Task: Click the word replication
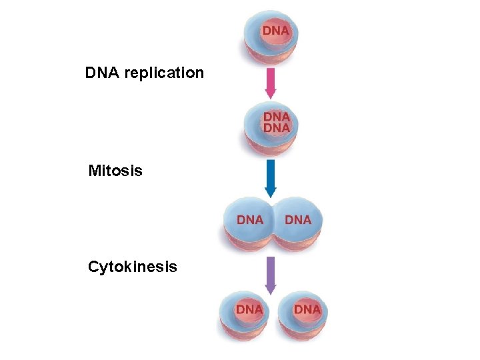pyautogui.click(x=164, y=73)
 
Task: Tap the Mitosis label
pyautogui.click(x=115, y=171)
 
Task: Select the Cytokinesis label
pyautogui.click(x=133, y=267)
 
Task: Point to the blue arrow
pyautogui.click(x=270, y=177)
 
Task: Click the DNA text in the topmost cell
pyautogui.click(x=275, y=31)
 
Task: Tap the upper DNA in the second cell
pyautogui.click(x=276, y=117)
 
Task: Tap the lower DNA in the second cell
pyautogui.click(x=276, y=127)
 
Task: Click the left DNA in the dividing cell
pyautogui.click(x=250, y=219)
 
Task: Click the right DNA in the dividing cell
pyautogui.click(x=298, y=219)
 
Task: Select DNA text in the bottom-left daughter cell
pyautogui.click(x=249, y=309)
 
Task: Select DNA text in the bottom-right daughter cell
pyautogui.click(x=307, y=309)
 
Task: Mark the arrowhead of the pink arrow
pyautogui.click(x=270, y=93)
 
